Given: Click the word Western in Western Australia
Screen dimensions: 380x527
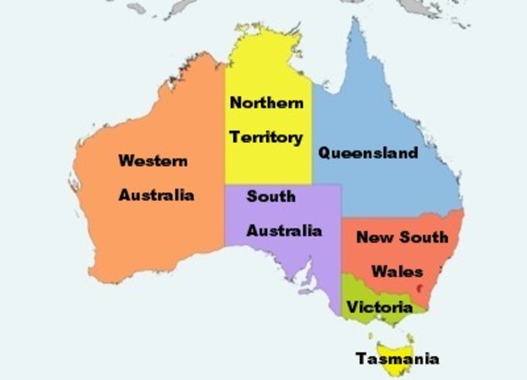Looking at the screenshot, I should coord(152,161).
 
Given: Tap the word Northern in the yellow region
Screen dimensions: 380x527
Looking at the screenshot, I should coord(266,103).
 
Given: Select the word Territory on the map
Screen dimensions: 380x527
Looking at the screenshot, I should coord(266,137).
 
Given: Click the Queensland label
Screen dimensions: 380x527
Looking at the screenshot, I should coord(368,152).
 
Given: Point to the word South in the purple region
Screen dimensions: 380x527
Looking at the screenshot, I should coord(270,196).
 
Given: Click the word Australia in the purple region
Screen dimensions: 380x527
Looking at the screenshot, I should coord(284,230).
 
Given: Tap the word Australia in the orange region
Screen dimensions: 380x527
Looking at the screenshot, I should coord(156,195).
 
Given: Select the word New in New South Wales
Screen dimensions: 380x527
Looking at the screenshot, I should coord(375,237).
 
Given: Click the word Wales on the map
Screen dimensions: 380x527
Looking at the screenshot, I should coord(396,270).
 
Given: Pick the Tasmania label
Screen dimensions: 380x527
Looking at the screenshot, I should coord(397,359).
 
